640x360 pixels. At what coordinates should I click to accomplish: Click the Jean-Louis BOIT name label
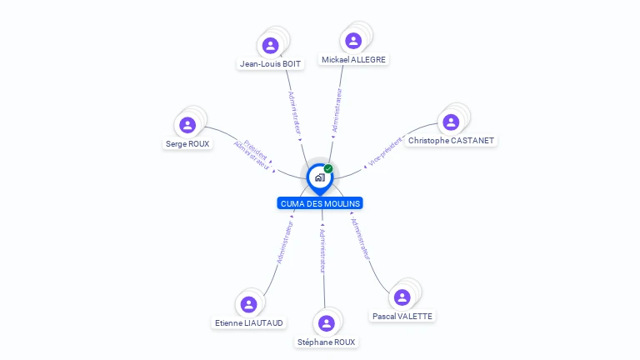click(x=270, y=63)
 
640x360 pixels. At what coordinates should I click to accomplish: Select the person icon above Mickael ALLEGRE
click(x=353, y=41)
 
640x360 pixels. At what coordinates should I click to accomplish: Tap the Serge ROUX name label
click(x=187, y=143)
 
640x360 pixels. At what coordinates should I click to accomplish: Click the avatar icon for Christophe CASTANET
click(x=451, y=122)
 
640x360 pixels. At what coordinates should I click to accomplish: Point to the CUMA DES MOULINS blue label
click(x=320, y=203)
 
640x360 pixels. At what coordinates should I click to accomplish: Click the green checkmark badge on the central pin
click(x=328, y=168)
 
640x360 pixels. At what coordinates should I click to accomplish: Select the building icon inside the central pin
click(x=320, y=177)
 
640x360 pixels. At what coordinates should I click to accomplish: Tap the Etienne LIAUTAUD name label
click(x=249, y=322)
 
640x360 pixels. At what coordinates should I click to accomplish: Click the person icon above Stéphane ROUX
click(x=327, y=323)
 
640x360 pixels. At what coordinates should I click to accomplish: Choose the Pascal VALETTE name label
click(x=402, y=317)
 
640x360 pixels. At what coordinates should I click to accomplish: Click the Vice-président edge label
click(x=384, y=152)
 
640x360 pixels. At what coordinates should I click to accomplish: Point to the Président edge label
click(x=256, y=150)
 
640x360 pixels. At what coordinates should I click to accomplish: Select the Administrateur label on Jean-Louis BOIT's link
click(x=295, y=113)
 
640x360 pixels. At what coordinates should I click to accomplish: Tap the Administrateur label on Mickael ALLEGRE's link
click(x=337, y=110)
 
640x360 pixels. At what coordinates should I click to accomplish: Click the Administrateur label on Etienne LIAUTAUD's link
click(x=284, y=242)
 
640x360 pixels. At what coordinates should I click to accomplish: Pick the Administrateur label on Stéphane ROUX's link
click(x=322, y=251)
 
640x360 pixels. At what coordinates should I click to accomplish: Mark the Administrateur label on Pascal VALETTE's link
click(x=360, y=239)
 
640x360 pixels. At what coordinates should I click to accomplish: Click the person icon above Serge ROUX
click(x=187, y=125)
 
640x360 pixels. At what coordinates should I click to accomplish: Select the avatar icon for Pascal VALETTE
click(x=402, y=297)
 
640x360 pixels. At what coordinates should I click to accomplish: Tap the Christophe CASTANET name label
click(x=451, y=140)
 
